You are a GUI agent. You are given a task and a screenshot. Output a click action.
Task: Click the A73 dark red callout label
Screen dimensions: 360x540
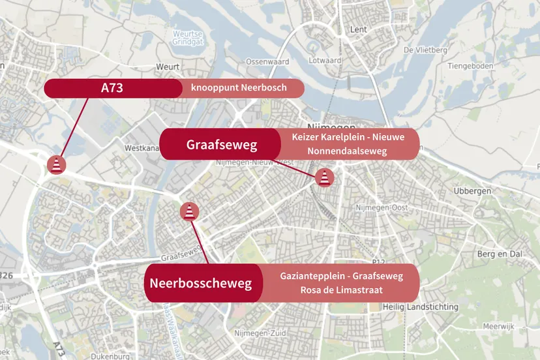point(112,88)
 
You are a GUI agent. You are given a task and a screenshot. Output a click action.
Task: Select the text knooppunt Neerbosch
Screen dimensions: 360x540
point(239,88)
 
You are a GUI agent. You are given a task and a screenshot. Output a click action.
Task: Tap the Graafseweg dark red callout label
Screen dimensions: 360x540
point(222,144)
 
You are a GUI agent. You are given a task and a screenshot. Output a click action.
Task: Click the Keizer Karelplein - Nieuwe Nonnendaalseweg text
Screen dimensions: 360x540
point(348,144)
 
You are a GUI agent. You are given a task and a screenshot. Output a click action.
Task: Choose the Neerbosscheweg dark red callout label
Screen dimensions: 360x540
point(200,283)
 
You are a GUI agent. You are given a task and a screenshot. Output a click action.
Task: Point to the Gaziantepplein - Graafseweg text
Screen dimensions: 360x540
point(341,276)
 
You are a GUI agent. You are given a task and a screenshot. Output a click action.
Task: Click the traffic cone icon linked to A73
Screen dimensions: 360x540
point(57,165)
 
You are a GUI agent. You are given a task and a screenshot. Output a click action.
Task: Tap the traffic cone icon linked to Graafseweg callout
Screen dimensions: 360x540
point(323,177)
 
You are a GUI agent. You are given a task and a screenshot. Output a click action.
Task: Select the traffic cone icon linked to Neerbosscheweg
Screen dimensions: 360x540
point(189,211)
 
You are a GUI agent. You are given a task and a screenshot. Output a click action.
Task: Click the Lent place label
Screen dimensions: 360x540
point(359,30)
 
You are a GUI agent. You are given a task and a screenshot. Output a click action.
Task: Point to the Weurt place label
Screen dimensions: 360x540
point(168,67)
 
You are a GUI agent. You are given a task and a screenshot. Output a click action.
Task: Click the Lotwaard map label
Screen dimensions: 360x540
point(325,61)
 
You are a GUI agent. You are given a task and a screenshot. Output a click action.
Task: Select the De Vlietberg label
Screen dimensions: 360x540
point(425,50)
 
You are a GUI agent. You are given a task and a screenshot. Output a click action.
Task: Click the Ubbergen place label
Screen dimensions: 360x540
point(471,191)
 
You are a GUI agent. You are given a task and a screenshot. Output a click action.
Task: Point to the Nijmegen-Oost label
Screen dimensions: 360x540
point(381,207)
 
